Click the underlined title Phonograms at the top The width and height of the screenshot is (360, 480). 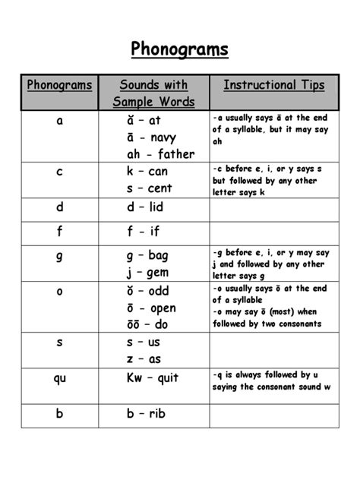(180, 50)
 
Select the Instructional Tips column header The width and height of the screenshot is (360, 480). (273, 85)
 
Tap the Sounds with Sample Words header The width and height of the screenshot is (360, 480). (154, 93)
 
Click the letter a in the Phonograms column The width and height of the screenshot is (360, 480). (59, 121)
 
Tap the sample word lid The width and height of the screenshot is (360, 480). (156, 207)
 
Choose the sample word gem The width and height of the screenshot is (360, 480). (158, 273)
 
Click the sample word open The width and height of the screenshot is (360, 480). (163, 308)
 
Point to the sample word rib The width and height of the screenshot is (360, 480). (157, 414)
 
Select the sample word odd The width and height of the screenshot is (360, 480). (159, 291)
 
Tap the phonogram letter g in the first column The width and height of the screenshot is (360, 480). (59, 257)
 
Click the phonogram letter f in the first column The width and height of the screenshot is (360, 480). (59, 232)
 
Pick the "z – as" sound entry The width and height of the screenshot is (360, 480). (144, 359)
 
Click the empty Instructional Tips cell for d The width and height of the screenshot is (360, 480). (273, 209)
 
